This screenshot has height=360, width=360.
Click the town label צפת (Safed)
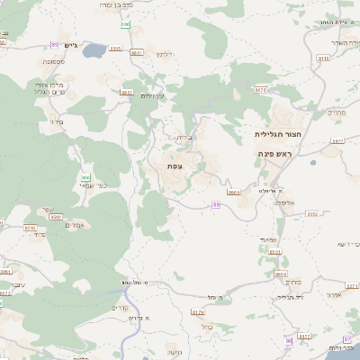(x=174, y=166)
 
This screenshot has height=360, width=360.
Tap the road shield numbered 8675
(x=261, y=90)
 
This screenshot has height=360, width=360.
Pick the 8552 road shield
(x=312, y=214)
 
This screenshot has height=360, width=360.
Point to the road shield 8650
(x=281, y=274)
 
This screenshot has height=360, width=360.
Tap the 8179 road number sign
(x=198, y=312)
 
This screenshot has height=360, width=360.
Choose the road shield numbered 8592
(x=55, y=217)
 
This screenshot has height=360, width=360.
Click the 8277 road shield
(x=303, y=337)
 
